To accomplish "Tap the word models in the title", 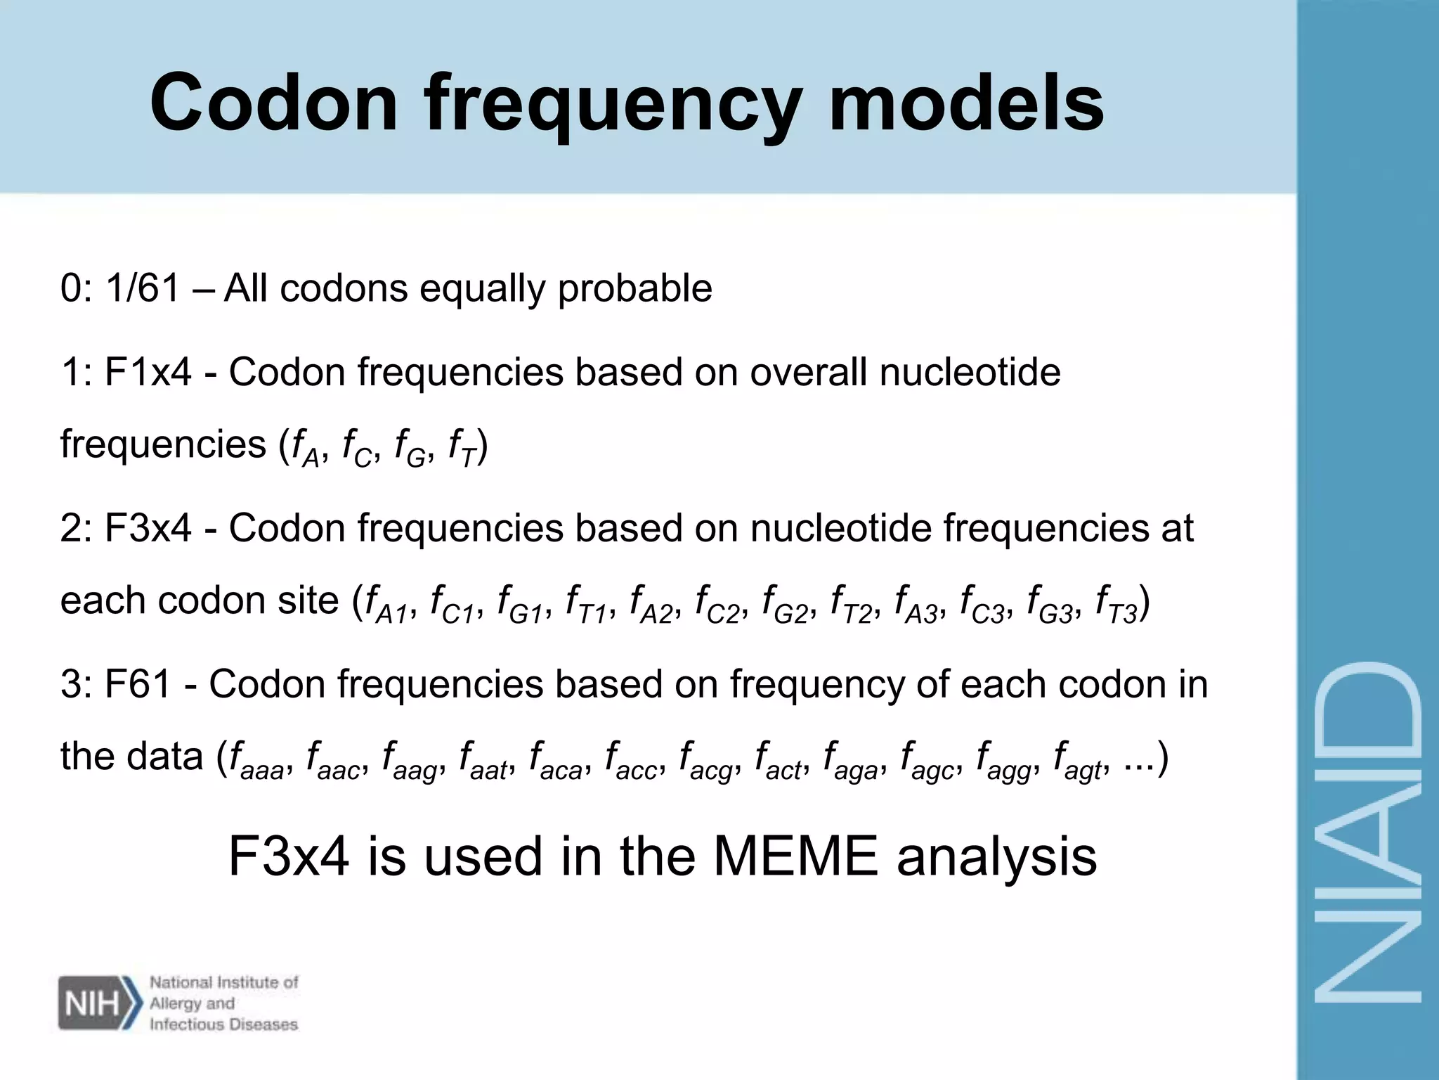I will (966, 103).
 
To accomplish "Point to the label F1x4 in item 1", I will (148, 372).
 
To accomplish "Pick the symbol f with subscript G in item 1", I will (410, 448).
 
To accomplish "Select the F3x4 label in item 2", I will (148, 528).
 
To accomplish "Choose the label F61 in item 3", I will (138, 684).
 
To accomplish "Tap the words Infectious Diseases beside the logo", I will (223, 1024).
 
